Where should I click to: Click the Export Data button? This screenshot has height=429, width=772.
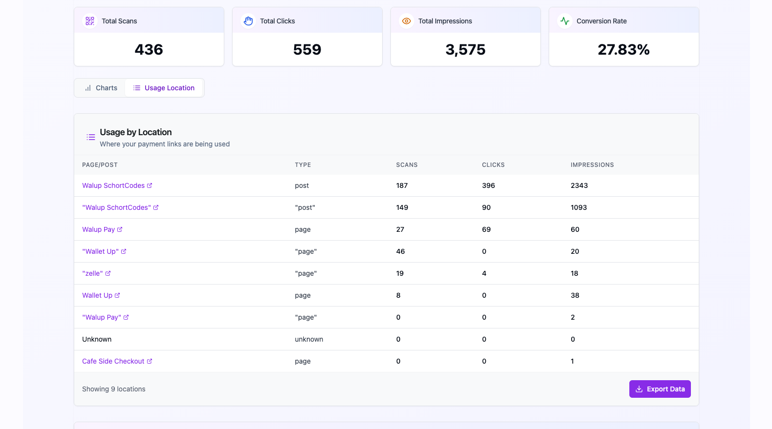[660, 389]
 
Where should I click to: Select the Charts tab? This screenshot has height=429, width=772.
[101, 88]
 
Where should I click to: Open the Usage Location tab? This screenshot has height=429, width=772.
[164, 88]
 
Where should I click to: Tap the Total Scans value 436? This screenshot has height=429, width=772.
[149, 49]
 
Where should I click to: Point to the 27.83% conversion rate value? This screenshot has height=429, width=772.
[623, 49]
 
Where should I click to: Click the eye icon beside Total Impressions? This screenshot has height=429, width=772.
[406, 21]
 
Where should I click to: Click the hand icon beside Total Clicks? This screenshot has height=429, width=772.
[248, 21]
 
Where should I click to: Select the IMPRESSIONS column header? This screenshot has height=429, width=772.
[592, 165]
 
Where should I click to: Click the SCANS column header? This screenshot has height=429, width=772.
[407, 165]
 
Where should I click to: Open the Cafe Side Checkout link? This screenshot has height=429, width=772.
[113, 361]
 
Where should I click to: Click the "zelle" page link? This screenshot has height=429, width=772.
[93, 273]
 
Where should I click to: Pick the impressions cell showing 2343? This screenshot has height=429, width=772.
[579, 185]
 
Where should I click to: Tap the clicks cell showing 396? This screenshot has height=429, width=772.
[488, 185]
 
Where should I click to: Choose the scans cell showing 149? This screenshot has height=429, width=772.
[402, 207]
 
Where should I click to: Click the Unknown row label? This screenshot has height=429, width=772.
[97, 339]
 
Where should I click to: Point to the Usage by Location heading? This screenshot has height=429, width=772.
[136, 132]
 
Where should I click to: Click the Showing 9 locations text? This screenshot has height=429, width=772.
[114, 389]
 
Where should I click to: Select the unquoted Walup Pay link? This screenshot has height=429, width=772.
[99, 229]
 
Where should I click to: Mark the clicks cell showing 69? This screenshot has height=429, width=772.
[486, 229]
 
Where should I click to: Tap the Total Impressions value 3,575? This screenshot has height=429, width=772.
[465, 49]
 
